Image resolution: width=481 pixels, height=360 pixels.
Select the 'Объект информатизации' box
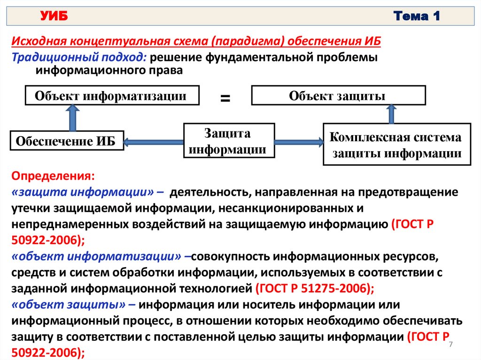click(111, 96)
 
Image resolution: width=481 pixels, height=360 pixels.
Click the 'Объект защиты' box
click(338, 96)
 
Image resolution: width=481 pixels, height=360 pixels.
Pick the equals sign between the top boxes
click(225, 99)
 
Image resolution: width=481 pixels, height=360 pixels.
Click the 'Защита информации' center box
click(228, 141)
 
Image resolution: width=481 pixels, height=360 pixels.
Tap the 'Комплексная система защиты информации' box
click(396, 145)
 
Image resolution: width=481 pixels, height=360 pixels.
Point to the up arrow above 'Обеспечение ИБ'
click(73, 117)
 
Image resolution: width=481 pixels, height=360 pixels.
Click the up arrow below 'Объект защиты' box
click(392, 114)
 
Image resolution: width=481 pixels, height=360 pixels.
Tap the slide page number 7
click(451, 345)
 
